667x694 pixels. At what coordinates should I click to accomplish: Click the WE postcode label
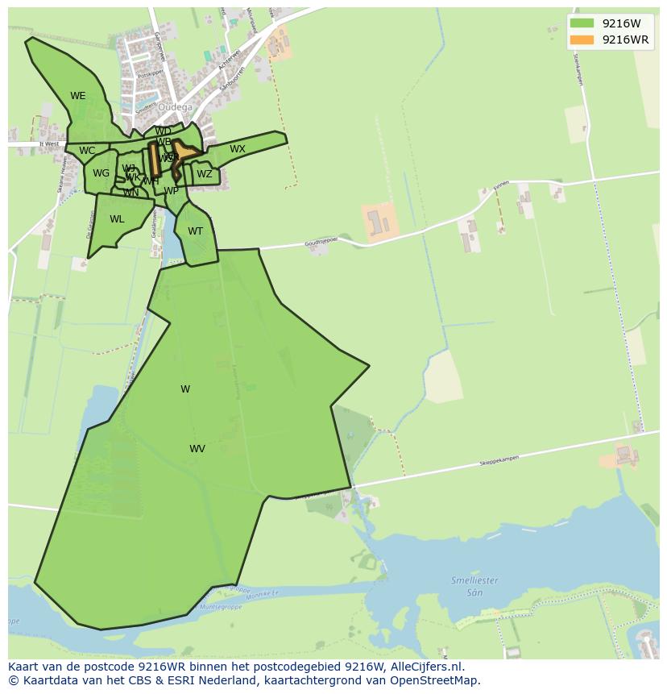pos(77,96)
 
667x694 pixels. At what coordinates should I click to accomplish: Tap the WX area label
pos(238,149)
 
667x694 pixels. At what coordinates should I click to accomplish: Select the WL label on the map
pos(117,219)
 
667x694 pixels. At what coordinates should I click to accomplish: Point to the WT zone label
pos(195,231)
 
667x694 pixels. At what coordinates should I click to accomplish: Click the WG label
pos(101,173)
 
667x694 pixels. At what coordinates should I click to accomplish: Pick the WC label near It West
pos(87,151)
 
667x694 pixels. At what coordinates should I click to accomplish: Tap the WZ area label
pos(205,174)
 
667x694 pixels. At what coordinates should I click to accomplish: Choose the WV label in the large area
pos(197,449)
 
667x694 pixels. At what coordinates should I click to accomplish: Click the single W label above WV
pos(185,389)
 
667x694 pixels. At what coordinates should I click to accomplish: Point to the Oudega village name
pos(175,107)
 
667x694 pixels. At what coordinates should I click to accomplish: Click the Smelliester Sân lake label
pos(474,585)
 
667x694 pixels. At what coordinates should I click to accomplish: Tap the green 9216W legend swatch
pos(582,23)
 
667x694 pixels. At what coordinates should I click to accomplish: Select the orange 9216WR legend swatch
pos(582,39)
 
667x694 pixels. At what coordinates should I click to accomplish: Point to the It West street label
pos(49,144)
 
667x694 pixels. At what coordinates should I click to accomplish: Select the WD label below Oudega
pos(163,131)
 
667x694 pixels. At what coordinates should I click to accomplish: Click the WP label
pos(171,191)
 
